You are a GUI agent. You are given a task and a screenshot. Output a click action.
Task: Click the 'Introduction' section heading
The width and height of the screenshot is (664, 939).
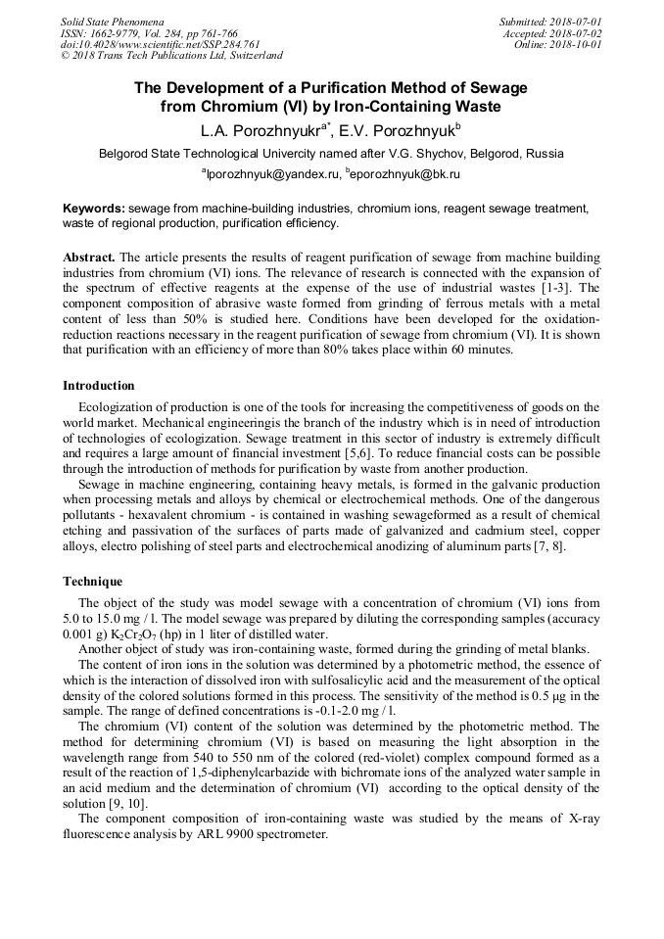(x=99, y=386)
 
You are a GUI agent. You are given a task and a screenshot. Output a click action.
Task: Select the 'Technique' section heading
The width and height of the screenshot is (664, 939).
(x=93, y=582)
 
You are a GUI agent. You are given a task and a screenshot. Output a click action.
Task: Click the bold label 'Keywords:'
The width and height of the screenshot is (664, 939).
(x=94, y=210)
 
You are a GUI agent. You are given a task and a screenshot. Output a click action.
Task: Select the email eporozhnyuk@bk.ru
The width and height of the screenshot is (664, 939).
(x=405, y=174)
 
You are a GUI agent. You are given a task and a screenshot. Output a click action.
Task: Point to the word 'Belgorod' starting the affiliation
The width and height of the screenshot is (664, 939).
(x=128, y=154)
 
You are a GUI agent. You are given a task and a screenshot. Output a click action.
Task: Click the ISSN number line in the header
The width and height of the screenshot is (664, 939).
(x=149, y=33)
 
